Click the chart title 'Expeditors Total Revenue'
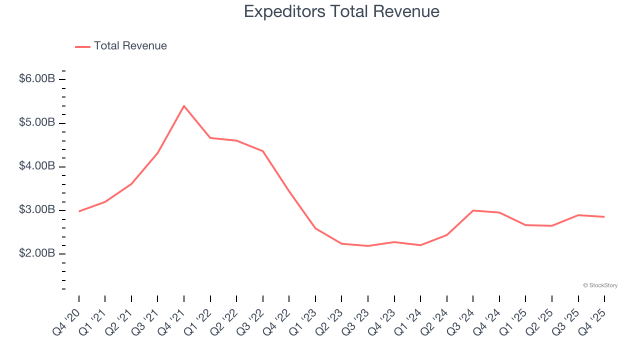(341, 11)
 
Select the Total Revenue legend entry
(121, 46)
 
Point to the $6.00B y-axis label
(37, 79)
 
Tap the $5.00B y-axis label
(37, 123)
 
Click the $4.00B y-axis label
(37, 166)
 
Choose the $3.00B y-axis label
(37, 210)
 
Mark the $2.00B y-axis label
(37, 253)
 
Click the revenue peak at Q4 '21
(184, 106)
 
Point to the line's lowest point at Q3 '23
(368, 246)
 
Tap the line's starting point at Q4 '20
(79, 211)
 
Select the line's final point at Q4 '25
(604, 216)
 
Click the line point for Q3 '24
(473, 210)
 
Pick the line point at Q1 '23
(315, 228)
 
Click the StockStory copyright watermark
(600, 285)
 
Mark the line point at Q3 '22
(263, 151)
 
